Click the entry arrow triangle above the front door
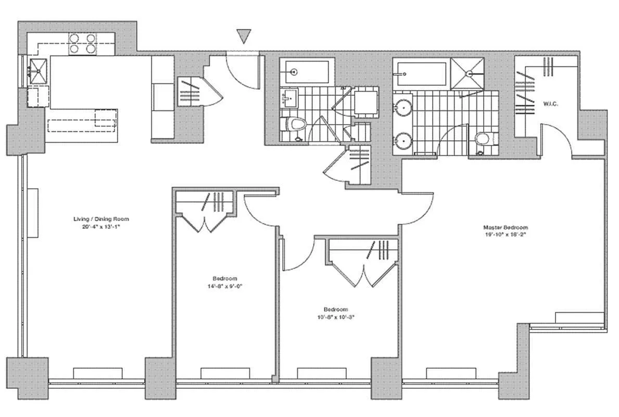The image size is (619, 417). click(244, 35)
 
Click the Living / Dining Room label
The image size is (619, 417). click(101, 219)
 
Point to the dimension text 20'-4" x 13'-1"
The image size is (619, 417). click(101, 227)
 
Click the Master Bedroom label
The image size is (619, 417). click(505, 227)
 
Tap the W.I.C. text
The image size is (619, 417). click(550, 104)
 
